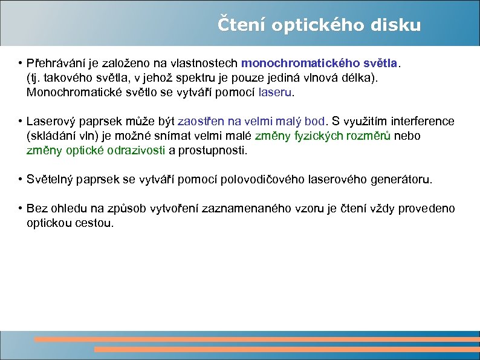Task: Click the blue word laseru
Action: pos(275,94)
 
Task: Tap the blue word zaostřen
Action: pos(198,122)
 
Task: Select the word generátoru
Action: pos(403,180)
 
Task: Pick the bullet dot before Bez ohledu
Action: pos(20,209)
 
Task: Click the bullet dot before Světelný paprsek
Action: pos(20,180)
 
